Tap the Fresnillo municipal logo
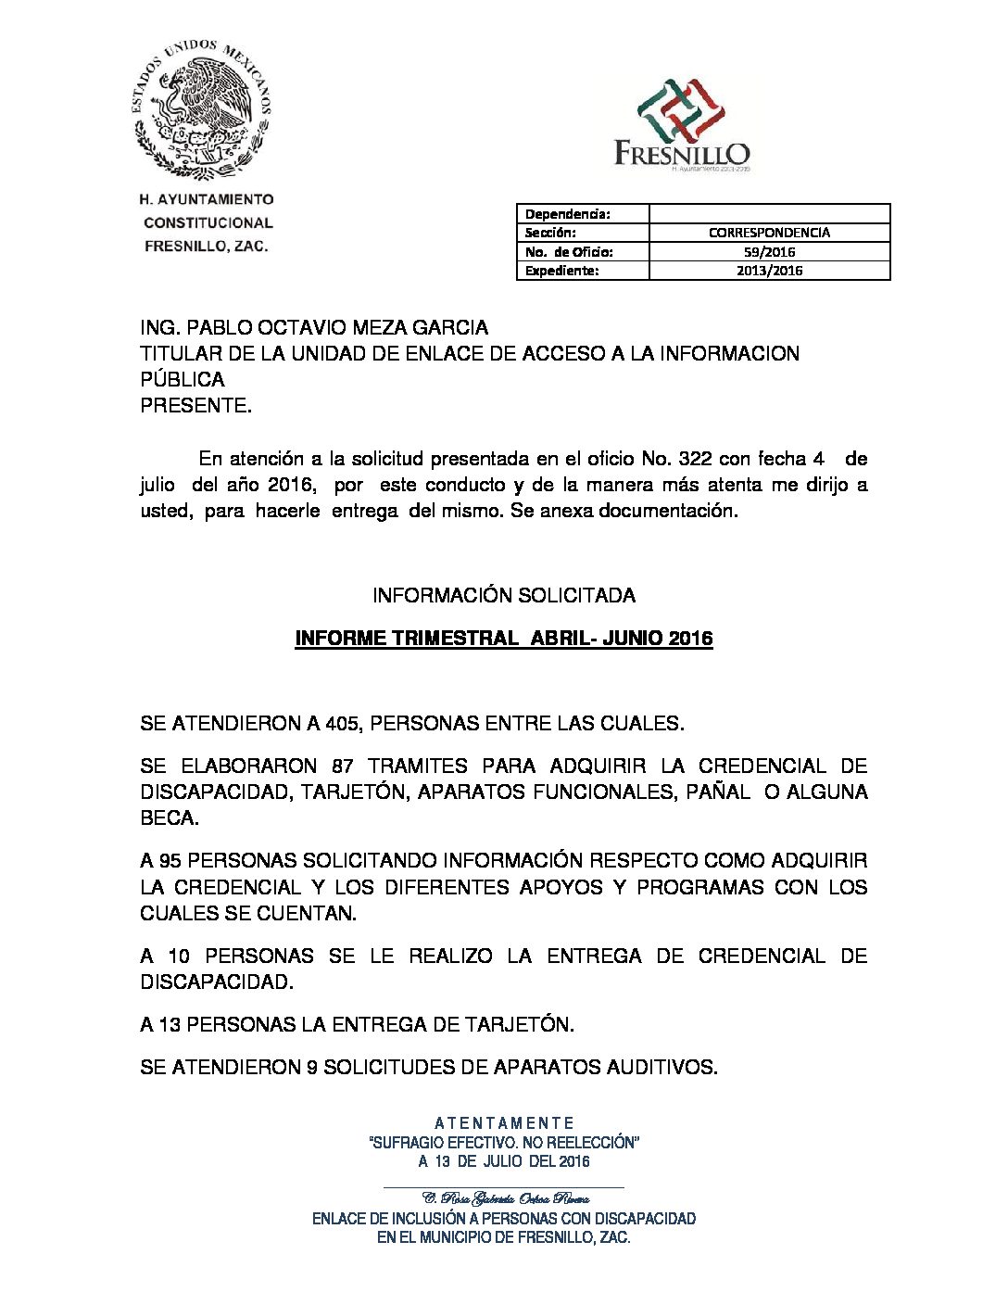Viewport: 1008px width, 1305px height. coord(682,124)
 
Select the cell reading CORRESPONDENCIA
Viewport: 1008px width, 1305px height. coord(769,233)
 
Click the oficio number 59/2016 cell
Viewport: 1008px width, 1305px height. coord(769,252)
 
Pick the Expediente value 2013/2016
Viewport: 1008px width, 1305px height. coord(769,271)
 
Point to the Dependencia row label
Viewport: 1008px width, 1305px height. coord(567,214)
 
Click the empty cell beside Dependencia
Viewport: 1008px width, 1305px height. coord(769,214)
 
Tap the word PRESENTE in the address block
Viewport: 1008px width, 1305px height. coord(195,406)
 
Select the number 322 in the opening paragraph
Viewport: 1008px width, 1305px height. coord(696,459)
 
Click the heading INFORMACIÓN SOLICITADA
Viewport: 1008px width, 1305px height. coord(504,595)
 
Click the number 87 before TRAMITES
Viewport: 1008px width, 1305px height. coord(344,766)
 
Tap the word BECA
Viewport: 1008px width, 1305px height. coord(169,817)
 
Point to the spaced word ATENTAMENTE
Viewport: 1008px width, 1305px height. coord(504,1123)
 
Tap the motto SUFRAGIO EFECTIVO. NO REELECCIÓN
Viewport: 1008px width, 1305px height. coord(504,1143)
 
